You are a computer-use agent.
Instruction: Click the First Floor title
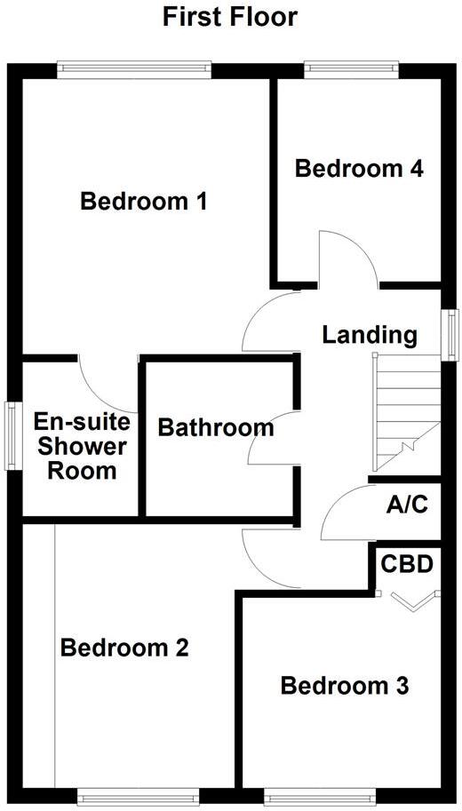(x=230, y=16)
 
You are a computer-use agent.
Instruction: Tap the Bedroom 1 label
(x=144, y=202)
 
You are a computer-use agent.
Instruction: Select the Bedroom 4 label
(x=359, y=168)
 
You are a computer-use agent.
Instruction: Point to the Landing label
(x=370, y=335)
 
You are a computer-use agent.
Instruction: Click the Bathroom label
(x=216, y=427)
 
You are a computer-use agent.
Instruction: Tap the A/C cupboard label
(x=408, y=505)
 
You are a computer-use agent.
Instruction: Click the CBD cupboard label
(x=407, y=564)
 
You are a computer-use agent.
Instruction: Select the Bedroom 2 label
(x=124, y=648)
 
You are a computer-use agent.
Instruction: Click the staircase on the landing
(x=405, y=413)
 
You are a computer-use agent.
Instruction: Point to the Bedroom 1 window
(x=134, y=68)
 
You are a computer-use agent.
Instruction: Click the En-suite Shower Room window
(x=12, y=435)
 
